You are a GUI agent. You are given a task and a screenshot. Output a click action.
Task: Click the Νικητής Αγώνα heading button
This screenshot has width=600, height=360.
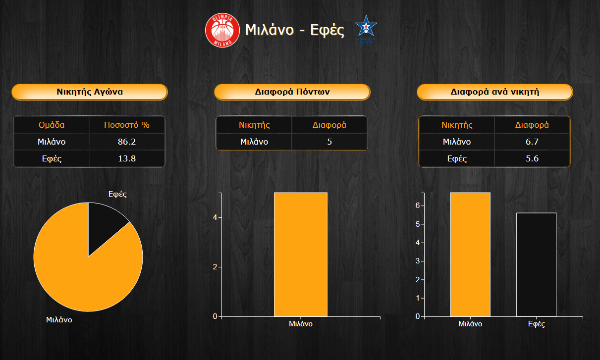(90, 92)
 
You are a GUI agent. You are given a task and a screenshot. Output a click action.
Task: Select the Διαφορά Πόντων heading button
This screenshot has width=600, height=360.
(292, 92)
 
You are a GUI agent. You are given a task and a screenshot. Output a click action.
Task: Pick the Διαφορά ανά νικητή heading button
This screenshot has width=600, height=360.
(495, 92)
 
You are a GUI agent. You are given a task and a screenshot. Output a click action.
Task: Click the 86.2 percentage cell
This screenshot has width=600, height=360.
(127, 142)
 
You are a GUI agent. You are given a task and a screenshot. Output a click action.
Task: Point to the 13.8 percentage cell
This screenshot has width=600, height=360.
(127, 158)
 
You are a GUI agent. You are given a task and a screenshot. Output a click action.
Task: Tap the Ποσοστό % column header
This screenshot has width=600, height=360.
(127, 125)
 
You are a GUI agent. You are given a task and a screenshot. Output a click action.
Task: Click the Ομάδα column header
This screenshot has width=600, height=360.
(52, 125)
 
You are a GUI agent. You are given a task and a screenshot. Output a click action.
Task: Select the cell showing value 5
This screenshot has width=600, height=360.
(329, 142)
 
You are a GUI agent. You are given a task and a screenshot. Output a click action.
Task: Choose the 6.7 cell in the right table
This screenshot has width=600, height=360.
(532, 142)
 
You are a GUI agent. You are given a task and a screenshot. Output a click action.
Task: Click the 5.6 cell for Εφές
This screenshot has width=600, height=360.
(532, 158)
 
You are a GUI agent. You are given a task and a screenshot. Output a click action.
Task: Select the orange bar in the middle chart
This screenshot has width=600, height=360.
(301, 254)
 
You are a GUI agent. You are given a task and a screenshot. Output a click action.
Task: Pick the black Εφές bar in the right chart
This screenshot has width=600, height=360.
(536, 264)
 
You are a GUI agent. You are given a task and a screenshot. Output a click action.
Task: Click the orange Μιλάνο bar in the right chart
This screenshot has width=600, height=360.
(470, 254)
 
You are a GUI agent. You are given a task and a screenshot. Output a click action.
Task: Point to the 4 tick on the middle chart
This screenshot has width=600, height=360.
(215, 217)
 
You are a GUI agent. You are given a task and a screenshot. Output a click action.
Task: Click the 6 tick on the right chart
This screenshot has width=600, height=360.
(418, 206)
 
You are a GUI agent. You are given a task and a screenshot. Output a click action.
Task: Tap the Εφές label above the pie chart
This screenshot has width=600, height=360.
(117, 194)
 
